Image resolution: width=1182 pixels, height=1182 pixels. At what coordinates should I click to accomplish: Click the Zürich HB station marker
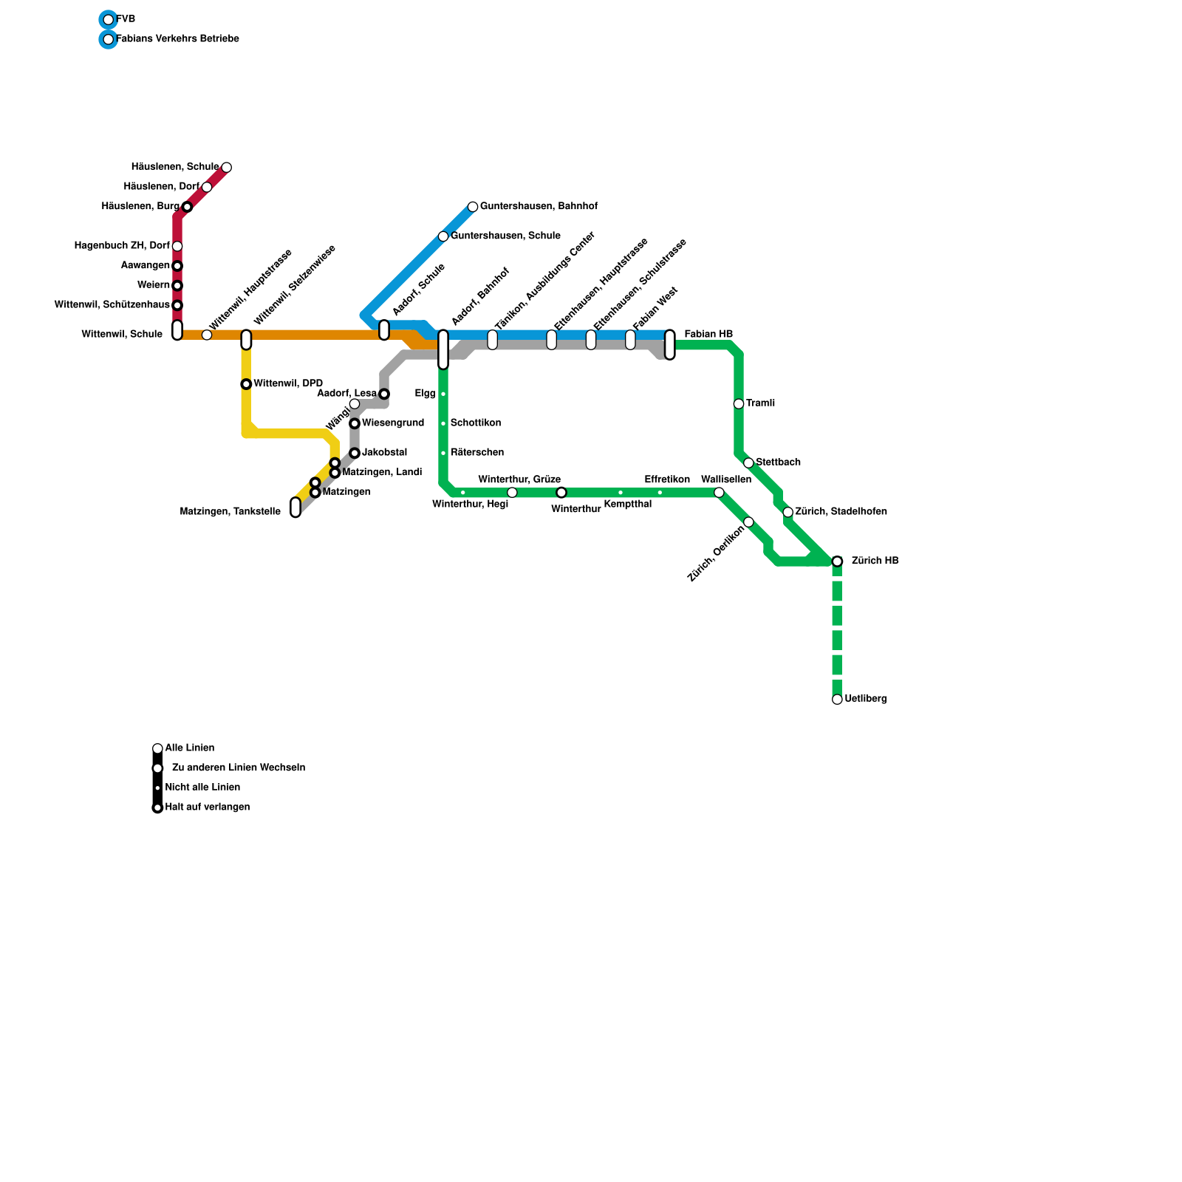[x=837, y=561]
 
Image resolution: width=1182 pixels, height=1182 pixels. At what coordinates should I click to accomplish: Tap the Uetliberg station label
[x=865, y=699]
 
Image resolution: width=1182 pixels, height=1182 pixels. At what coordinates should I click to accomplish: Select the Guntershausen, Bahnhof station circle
[x=473, y=207]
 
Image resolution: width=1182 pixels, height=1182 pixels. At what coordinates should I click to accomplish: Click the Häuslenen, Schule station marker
[x=226, y=168]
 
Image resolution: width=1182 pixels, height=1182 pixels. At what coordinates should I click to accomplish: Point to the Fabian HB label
[x=708, y=335]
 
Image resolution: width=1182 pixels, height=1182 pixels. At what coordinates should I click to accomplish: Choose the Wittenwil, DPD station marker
[x=246, y=384]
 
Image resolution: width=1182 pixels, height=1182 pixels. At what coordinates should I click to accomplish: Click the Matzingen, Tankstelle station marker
[x=295, y=508]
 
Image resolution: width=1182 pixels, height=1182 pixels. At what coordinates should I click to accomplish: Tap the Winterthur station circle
[x=561, y=493]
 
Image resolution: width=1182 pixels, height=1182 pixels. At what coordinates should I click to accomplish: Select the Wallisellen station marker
[x=719, y=493]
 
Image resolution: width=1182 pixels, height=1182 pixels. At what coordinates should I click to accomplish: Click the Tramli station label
[x=760, y=403]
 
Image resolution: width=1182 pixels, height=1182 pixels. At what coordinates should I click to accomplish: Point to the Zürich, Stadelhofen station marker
[x=788, y=512]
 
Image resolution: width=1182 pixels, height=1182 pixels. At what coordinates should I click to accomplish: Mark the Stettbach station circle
[x=748, y=463]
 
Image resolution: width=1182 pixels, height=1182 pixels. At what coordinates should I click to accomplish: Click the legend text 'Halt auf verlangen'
[x=208, y=807]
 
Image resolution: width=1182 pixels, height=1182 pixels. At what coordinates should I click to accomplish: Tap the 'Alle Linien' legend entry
[x=190, y=748]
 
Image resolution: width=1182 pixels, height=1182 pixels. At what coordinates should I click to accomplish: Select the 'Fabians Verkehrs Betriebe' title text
[x=178, y=38]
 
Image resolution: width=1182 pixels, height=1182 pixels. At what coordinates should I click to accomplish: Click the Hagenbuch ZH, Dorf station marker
[x=177, y=246]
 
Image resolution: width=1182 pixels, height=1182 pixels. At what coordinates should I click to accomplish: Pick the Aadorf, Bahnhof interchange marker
[x=443, y=349]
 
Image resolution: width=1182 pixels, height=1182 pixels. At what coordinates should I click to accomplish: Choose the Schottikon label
[x=476, y=423]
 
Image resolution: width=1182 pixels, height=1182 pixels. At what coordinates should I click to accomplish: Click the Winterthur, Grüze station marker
[x=512, y=493]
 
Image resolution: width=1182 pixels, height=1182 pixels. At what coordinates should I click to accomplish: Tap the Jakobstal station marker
[x=355, y=453]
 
